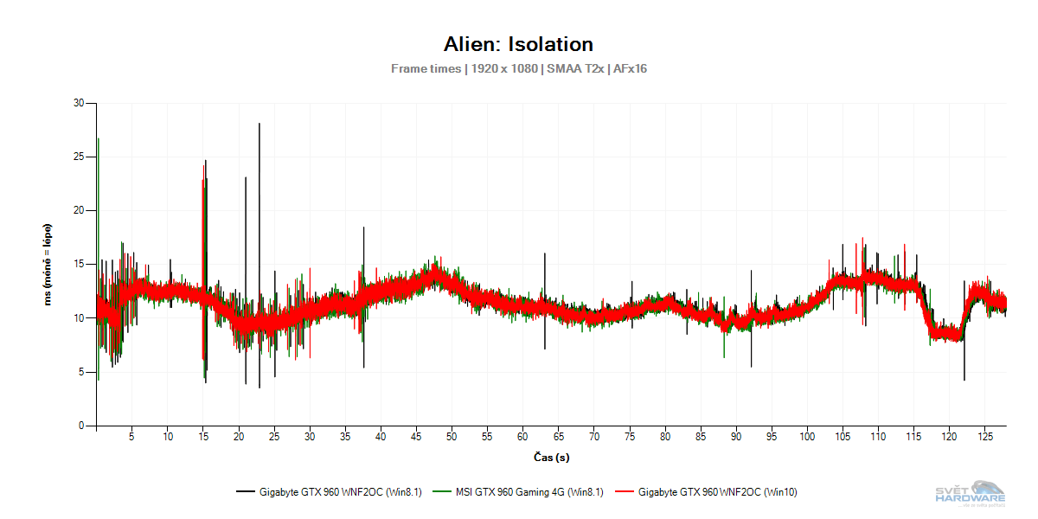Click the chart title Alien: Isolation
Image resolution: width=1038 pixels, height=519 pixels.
pos(518,44)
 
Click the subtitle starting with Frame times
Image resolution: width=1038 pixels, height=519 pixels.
pos(518,68)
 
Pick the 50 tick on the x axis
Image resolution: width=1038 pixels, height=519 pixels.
pos(452,437)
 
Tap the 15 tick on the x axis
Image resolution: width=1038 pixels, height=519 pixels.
pos(202,437)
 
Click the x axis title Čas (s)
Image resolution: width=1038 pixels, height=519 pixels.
pos(551,457)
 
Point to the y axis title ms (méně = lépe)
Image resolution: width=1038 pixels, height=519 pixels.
pos(49,264)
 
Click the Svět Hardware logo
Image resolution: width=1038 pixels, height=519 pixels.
pos(971,492)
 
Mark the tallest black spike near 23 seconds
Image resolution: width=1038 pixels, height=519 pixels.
pos(259,125)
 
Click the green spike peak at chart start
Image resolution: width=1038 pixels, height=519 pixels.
pos(99,139)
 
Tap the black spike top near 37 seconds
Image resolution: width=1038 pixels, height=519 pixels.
pos(364,227)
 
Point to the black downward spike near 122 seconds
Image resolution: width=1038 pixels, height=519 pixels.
pos(964,379)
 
